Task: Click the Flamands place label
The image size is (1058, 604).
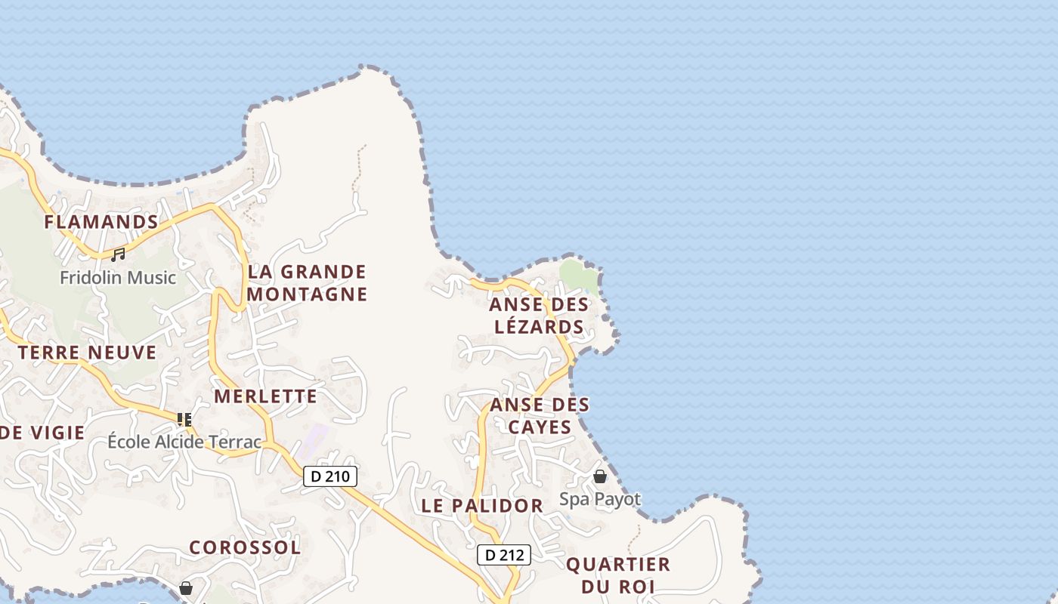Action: pyautogui.click(x=101, y=222)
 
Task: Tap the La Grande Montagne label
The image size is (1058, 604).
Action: pyautogui.click(x=307, y=282)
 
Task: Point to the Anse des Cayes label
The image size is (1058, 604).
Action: pyautogui.click(x=540, y=416)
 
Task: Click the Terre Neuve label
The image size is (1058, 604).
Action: pyautogui.click(x=88, y=353)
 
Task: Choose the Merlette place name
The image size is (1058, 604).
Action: pyautogui.click(x=265, y=396)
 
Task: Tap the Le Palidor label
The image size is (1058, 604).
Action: pyautogui.click(x=482, y=506)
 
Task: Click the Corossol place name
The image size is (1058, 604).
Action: pyautogui.click(x=245, y=547)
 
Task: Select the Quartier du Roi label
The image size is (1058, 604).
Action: pyautogui.click(x=618, y=575)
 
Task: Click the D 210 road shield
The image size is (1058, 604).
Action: pyautogui.click(x=330, y=476)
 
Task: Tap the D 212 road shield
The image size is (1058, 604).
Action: pyautogui.click(x=504, y=555)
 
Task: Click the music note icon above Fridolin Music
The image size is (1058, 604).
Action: pyautogui.click(x=118, y=255)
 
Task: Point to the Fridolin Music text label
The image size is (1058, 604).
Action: pyautogui.click(x=118, y=278)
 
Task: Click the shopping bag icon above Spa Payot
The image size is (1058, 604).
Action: pyautogui.click(x=600, y=476)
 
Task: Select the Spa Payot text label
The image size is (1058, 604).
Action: pyautogui.click(x=600, y=499)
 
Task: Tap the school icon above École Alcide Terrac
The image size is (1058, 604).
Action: pyautogui.click(x=184, y=419)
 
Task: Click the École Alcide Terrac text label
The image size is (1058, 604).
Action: pyautogui.click(x=184, y=442)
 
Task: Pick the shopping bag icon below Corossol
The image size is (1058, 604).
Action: pyautogui.click(x=186, y=587)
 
